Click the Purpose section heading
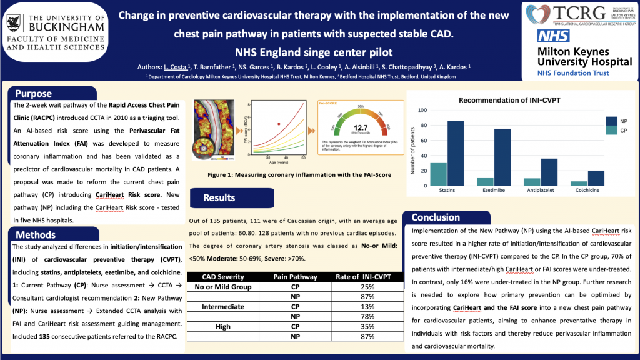(34, 94)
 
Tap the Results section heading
(219, 198)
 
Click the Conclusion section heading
(436, 217)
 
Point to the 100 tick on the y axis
(419, 111)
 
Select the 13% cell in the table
(367, 307)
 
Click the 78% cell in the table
(367, 317)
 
